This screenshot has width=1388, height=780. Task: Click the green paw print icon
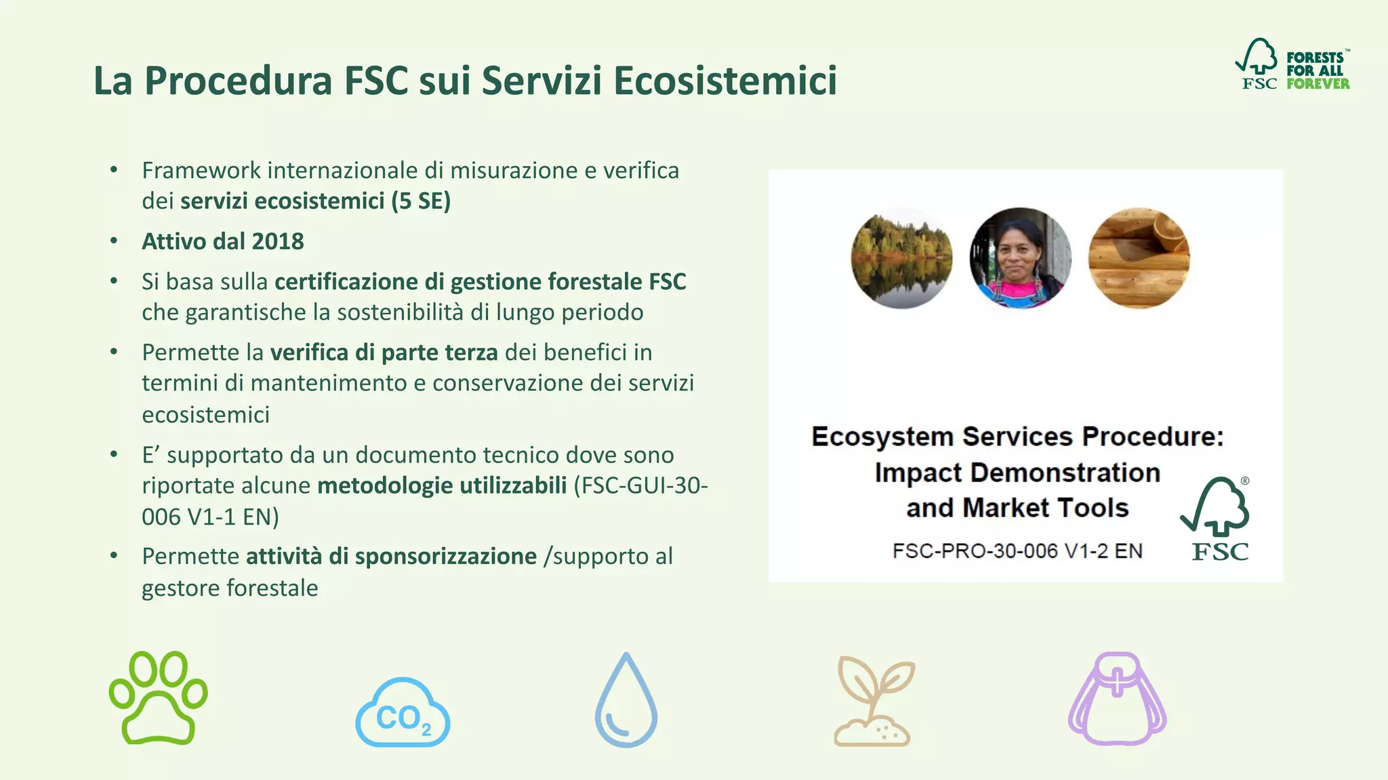coord(159,698)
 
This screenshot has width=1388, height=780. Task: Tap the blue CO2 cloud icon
coord(403,713)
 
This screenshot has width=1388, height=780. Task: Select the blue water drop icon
coord(626,701)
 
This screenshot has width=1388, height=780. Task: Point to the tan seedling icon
coord(873,701)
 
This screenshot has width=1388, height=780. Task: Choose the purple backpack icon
coord(1117,699)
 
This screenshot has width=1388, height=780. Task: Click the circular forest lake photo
coord(901,258)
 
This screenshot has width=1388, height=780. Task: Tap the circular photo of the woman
coord(1020,258)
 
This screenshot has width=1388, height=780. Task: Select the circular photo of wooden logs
coord(1139,258)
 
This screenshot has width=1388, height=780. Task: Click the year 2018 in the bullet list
coord(278,241)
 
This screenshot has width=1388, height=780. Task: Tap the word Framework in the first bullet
coord(201,171)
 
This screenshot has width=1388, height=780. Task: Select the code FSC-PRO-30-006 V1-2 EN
coord(1017,551)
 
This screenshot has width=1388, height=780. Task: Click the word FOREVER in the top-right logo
coord(1318,84)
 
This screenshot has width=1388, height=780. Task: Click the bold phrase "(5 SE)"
coord(421,201)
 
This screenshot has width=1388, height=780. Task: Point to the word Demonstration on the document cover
coord(1065,473)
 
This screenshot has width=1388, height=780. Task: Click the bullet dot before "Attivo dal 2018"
coord(114,240)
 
